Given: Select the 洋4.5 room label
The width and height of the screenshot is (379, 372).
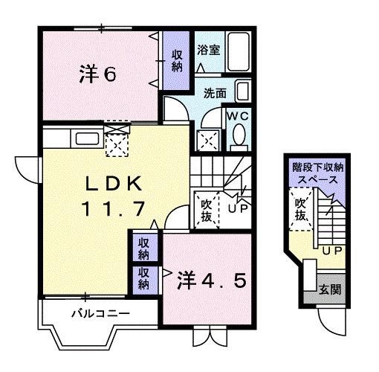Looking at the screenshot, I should click(211, 283).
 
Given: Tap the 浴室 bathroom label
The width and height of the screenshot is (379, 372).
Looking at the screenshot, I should click(207, 51).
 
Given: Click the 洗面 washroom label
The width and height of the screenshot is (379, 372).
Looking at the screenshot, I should click(216, 92).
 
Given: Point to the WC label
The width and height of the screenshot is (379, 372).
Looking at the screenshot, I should click(238, 116).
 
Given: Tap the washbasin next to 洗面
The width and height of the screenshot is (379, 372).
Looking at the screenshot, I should click(242, 92).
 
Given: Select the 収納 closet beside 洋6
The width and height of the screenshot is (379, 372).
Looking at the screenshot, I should click(177, 60).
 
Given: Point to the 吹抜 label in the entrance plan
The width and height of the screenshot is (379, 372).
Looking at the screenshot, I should click(300, 208).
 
